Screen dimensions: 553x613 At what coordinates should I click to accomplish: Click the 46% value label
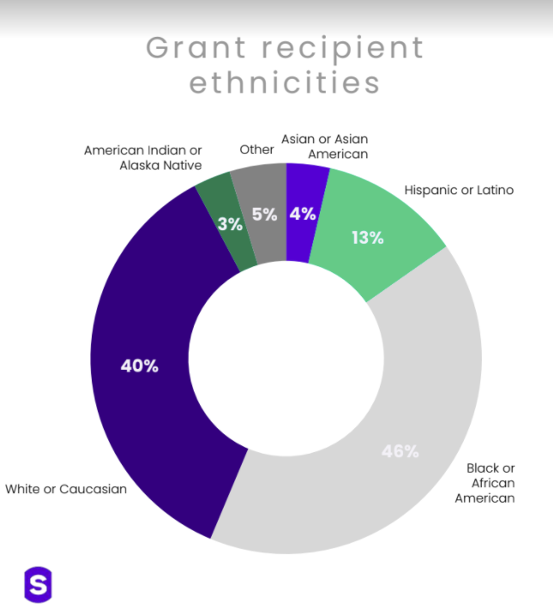click(x=400, y=451)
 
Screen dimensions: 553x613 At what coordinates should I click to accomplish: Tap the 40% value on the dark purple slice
click(x=140, y=366)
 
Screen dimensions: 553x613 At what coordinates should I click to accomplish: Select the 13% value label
click(x=368, y=238)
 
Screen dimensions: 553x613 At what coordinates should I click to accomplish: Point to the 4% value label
click(x=303, y=214)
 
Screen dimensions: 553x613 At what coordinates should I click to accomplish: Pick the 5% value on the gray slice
click(x=265, y=214)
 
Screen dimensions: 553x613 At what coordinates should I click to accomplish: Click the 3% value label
click(x=230, y=224)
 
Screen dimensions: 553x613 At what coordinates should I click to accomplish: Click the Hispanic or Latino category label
click(x=459, y=190)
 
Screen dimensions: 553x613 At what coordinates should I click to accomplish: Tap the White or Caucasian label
click(x=66, y=489)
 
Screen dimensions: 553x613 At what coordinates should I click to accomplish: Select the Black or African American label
click(x=485, y=483)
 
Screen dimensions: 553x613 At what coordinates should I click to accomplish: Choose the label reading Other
click(x=256, y=149)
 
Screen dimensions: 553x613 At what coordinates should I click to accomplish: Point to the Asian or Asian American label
click(x=325, y=146)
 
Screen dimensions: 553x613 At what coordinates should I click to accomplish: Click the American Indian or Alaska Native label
click(x=143, y=158)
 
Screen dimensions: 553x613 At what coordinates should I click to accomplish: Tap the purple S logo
click(x=38, y=585)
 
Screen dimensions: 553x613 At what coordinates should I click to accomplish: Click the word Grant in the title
click(x=196, y=48)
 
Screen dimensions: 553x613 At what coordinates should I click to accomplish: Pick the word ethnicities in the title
click(x=285, y=82)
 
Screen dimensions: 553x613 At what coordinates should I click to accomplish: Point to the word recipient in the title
click(x=342, y=50)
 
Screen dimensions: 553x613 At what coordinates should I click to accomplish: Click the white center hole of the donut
click(x=286, y=358)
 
